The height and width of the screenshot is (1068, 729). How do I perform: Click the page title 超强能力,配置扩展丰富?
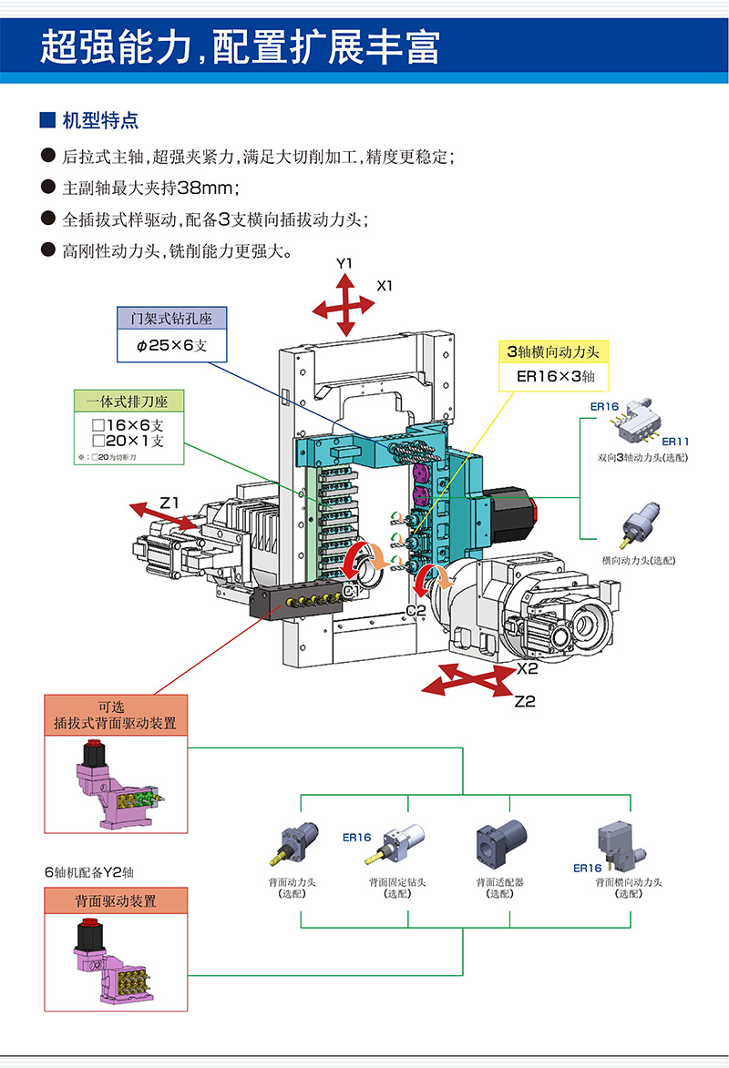tap(240, 46)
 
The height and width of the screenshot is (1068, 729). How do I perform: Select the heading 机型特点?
tap(100, 120)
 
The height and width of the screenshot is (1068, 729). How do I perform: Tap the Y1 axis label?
tap(344, 263)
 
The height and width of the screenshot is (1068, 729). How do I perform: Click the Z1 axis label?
tap(170, 502)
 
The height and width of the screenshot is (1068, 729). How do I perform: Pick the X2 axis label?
tap(528, 668)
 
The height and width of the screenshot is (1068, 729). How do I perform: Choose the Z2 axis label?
tap(524, 701)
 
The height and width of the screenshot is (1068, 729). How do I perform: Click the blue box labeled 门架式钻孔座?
tap(172, 319)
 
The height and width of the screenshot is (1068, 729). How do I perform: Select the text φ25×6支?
tap(172, 346)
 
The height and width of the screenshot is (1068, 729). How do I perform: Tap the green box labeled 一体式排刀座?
tap(128, 401)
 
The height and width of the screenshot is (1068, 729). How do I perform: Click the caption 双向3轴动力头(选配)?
tap(638, 457)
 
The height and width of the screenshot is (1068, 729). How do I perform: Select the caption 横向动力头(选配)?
tap(639, 560)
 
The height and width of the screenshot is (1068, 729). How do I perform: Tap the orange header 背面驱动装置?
tap(116, 900)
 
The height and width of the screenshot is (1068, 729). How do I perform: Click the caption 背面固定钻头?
tap(397, 882)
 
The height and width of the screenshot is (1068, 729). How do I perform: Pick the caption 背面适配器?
tap(499, 882)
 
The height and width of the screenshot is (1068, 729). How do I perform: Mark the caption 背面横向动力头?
tap(628, 882)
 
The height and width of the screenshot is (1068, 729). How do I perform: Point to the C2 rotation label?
tap(416, 610)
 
